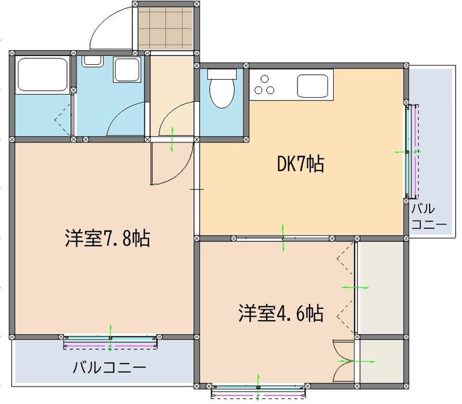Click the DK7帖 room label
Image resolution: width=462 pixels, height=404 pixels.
pos(300,165)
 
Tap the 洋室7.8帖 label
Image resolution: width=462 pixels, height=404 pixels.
pos(107,238)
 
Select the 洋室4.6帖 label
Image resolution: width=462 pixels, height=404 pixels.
pos(280,313)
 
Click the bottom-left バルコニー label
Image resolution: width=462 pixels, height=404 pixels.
pos(109,367)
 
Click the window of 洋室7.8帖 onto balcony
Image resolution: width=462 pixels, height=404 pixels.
pos(110,342)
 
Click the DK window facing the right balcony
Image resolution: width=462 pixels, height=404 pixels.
pos(411,151)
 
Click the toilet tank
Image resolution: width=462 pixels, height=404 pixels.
pos(222,73)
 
